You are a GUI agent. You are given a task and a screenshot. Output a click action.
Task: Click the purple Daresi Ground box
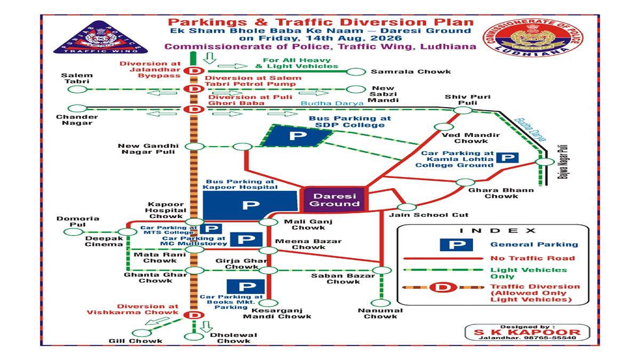[x=334, y=199]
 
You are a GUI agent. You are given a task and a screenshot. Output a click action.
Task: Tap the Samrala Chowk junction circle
[x=356, y=71]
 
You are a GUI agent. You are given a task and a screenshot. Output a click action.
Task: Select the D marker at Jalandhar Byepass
[x=194, y=70]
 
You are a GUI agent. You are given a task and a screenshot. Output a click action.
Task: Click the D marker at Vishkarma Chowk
[x=194, y=315]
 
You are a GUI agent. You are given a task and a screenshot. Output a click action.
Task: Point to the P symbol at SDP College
[x=298, y=135]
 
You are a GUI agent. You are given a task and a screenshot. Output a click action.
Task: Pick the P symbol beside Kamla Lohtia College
[x=507, y=157]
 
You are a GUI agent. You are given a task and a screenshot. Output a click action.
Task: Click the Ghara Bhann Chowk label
[x=501, y=193]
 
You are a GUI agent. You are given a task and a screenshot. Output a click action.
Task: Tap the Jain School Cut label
[x=429, y=215]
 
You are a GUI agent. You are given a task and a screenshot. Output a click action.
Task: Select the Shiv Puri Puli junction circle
[x=463, y=110]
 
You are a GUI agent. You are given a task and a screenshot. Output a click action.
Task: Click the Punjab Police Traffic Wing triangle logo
[x=100, y=38]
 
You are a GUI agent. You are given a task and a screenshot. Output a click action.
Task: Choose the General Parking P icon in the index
[x=456, y=245]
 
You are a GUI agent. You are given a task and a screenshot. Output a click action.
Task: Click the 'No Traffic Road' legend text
[x=533, y=258]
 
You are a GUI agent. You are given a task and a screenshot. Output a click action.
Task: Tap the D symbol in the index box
[x=443, y=287]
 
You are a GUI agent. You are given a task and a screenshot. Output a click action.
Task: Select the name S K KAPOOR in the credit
[x=527, y=332]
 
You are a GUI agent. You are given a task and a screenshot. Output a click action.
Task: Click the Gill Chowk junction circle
[x=142, y=333]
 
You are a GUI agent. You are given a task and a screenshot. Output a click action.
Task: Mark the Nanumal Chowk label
[x=380, y=314]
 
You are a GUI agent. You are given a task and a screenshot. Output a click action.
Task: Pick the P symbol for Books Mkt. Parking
[x=246, y=286]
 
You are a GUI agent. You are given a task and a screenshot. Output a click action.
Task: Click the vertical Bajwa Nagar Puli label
[x=562, y=162]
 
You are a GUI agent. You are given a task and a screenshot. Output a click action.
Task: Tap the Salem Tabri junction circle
[x=77, y=90]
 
